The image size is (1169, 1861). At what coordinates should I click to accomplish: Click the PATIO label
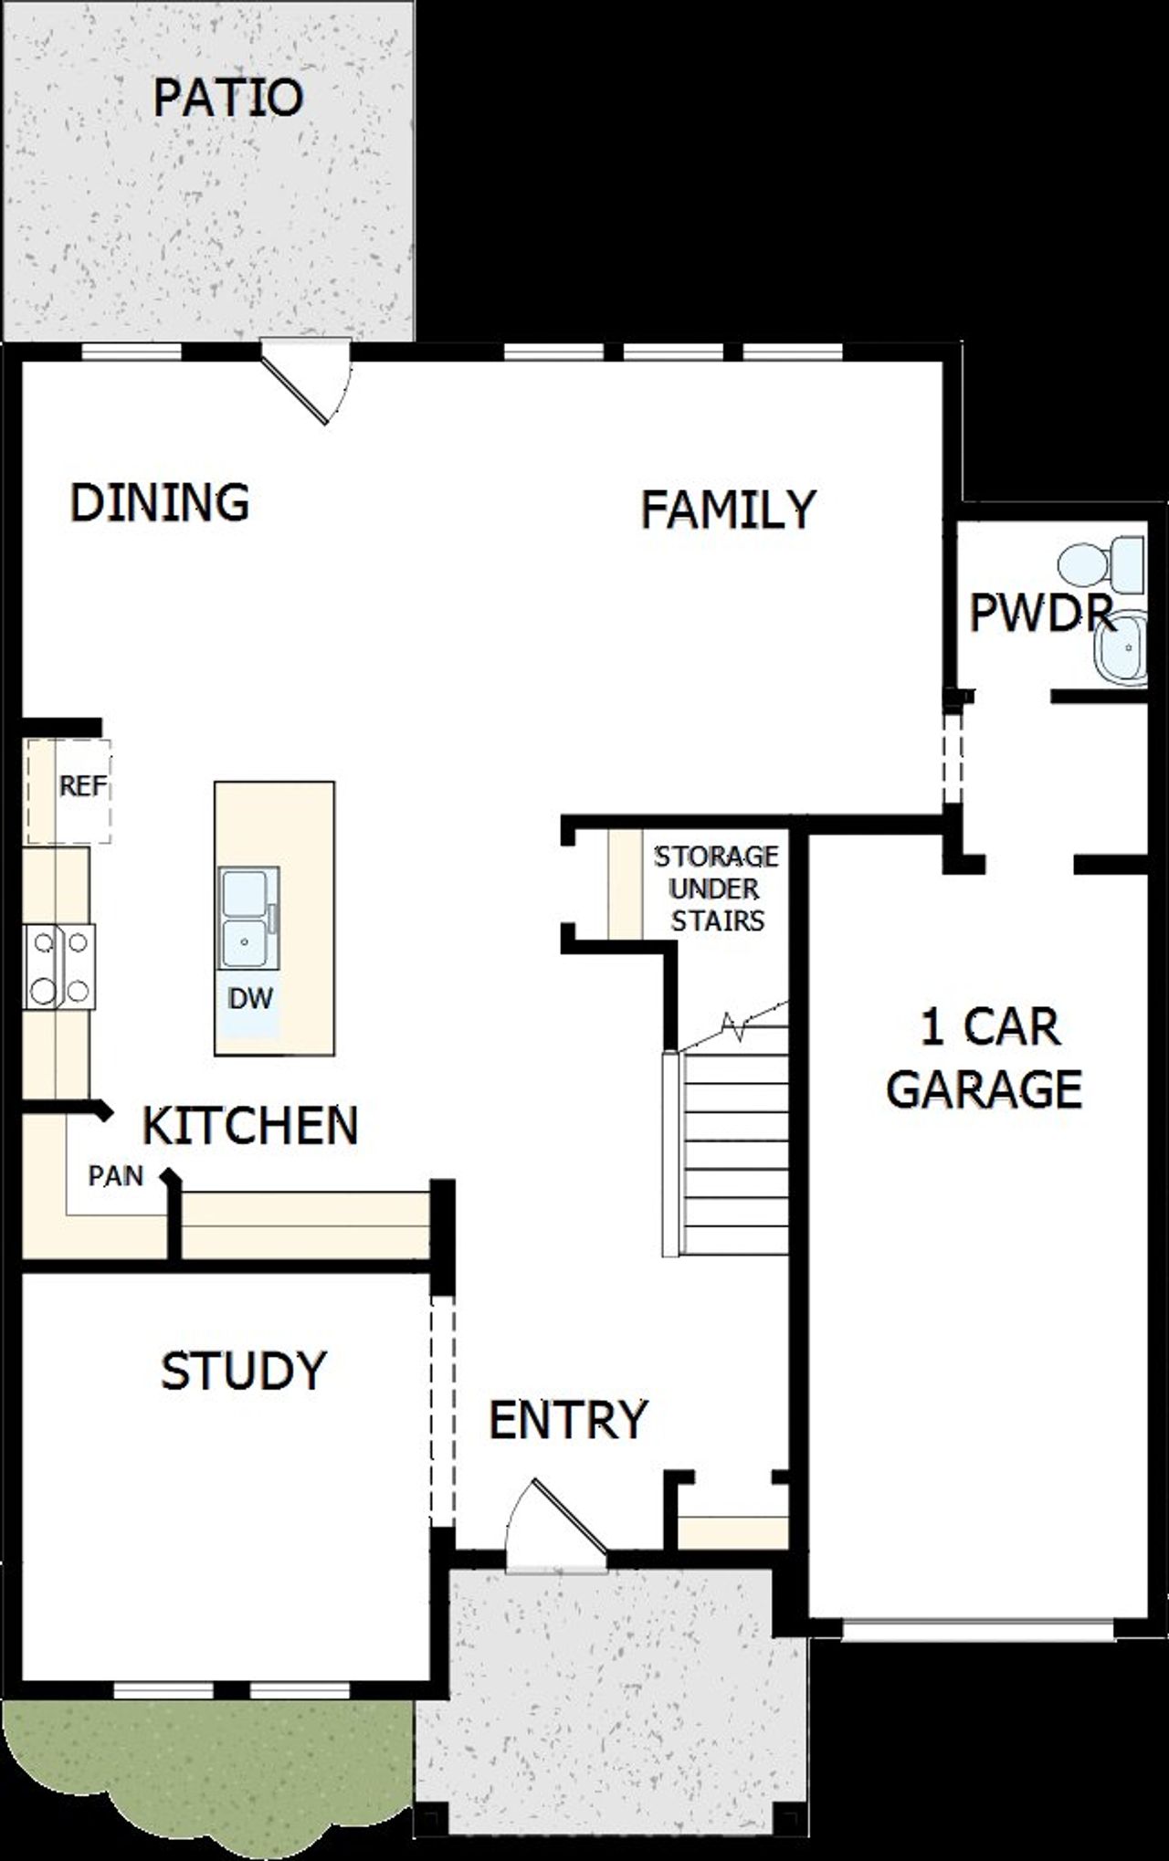pos(227,98)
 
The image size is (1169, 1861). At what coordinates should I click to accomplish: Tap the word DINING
pos(160,502)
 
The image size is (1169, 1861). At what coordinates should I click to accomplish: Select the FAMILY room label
pos(728,510)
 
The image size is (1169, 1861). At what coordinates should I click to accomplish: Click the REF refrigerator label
pos(83,786)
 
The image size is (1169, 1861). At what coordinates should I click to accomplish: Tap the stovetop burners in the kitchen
pos(59,966)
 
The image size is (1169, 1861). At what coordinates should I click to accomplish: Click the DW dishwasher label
pos(250,999)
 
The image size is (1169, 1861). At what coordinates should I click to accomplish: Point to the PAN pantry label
pos(116,1176)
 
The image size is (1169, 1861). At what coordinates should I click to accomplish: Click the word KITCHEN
pos(250,1125)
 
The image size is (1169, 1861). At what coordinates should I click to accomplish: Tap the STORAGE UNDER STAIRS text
pos(717,888)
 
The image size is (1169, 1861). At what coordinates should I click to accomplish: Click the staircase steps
pos(734,1153)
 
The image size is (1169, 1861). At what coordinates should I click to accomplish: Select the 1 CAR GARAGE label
pos(985,1057)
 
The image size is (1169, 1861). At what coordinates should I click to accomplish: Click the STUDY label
pos(243,1370)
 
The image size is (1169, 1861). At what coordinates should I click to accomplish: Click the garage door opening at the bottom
pos(977,1630)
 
